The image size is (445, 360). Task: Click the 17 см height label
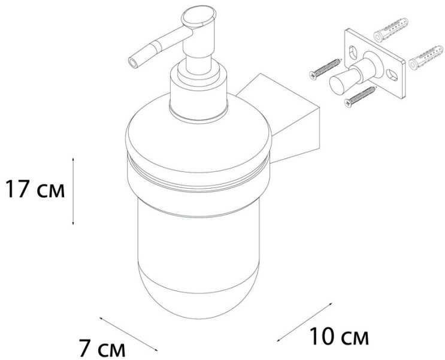tap(35, 189)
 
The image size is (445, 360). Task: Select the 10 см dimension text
tap(339, 336)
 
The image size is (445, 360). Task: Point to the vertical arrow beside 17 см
tap(73, 191)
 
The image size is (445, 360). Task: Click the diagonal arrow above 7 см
tap(128, 334)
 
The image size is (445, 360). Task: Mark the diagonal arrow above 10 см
tap(304, 322)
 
